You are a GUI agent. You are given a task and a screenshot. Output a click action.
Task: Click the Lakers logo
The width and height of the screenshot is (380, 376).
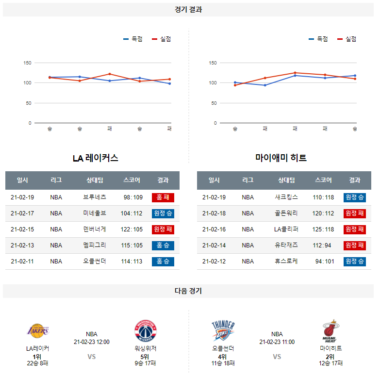point(37,331)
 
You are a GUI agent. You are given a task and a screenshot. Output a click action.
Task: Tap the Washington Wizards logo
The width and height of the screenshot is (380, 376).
point(146,331)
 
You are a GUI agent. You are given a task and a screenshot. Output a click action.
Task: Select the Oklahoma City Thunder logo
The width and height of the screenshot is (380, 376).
point(223,331)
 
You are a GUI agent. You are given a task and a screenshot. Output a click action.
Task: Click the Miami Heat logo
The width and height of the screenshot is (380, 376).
point(330,331)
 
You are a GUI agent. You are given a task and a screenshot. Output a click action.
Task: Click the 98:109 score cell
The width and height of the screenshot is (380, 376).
point(133,197)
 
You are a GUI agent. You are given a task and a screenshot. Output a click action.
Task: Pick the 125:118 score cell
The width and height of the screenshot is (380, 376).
point(324,229)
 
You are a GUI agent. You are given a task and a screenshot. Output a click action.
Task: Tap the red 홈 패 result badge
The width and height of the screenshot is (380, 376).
point(163,197)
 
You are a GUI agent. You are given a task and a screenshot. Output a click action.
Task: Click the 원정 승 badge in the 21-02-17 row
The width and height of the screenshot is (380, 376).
point(163,213)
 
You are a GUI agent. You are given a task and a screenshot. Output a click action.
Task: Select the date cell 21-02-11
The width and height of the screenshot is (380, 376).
point(23,262)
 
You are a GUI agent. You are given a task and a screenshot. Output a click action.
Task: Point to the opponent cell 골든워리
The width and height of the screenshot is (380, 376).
point(286,213)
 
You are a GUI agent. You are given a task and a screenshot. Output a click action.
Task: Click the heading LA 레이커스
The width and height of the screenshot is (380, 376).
point(96,158)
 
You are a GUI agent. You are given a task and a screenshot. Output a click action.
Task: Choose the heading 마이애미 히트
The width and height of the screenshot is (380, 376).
point(281,158)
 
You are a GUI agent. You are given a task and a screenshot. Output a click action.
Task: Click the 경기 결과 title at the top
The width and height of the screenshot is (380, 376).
point(188,10)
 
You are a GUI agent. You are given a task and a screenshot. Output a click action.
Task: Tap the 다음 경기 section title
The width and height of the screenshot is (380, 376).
point(188,291)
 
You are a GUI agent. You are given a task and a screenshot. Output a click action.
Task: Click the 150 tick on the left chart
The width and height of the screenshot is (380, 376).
point(27,63)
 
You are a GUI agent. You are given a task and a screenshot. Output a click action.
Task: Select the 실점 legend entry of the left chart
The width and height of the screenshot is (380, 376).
point(162,39)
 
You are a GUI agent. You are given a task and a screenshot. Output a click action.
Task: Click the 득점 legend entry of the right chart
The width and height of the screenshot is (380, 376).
point(319,39)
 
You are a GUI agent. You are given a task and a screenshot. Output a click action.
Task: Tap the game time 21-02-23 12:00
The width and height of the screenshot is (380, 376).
point(92,342)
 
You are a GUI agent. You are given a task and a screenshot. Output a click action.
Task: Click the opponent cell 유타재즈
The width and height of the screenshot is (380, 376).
point(286,245)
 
